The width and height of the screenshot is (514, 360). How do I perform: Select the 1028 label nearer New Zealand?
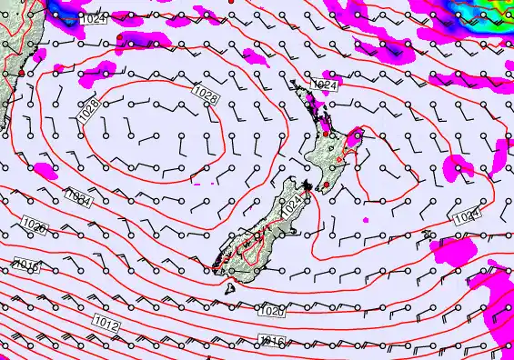[206, 93]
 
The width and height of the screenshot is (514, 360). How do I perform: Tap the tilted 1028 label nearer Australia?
[87, 110]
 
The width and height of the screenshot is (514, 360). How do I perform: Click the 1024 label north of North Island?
[325, 85]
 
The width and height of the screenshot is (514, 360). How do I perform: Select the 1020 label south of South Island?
[271, 311]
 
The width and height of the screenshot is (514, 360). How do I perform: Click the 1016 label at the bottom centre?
[272, 340]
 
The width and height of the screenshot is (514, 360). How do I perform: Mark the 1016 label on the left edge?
[27, 265]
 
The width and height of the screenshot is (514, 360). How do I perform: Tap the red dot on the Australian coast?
[21, 71]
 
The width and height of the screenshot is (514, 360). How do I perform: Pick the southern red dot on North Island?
[326, 185]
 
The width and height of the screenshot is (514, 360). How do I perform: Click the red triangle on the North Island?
[341, 161]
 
